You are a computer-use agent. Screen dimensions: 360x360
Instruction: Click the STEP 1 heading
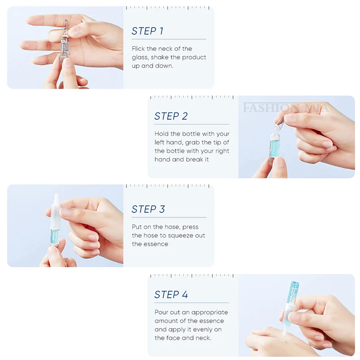148,31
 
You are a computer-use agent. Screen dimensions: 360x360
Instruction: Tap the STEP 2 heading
171,116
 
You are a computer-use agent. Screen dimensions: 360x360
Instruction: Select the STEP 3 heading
148,209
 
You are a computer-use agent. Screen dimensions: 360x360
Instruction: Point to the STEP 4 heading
171,295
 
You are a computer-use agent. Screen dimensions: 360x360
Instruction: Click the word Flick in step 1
138,49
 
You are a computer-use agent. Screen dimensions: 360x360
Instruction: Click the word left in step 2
160,142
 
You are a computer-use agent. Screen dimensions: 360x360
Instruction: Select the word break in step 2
194,159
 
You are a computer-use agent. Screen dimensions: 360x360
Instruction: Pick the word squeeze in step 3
180,236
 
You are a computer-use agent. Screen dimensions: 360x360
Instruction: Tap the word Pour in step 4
161,312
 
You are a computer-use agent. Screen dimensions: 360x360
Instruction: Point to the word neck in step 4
203,338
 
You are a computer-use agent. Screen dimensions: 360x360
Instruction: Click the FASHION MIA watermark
286,108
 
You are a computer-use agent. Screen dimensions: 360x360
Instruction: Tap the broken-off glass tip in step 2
279,123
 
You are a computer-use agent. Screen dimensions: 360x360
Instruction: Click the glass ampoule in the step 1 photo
65,41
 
